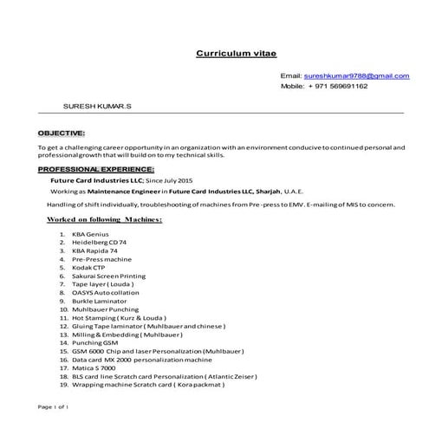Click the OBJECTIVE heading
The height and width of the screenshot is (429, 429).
click(x=61, y=133)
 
